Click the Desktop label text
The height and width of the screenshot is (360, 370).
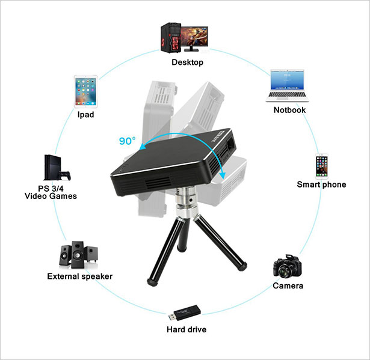tap(188, 62)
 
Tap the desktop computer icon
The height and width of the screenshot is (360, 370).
tap(184, 37)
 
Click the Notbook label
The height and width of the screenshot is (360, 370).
tap(289, 110)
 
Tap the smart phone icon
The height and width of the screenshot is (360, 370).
tap(322, 166)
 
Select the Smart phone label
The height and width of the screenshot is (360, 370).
tap(321, 185)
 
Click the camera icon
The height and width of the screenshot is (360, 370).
tap(287, 266)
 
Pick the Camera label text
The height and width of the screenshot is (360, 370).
tap(288, 286)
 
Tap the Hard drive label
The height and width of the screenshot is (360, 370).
tap(187, 329)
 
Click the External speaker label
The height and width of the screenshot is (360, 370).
tap(79, 276)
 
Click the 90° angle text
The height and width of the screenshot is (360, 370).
tap(128, 142)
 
